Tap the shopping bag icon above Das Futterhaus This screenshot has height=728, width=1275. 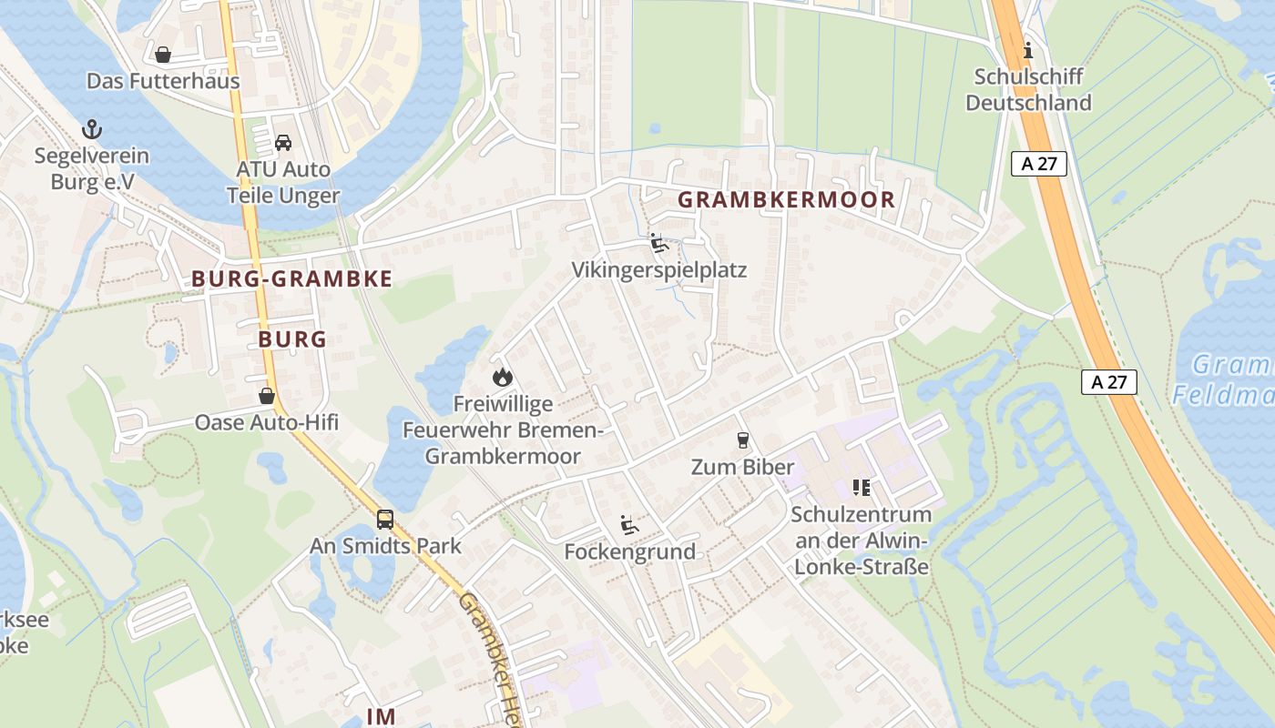[163, 55]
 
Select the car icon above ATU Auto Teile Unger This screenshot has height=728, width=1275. [283, 143]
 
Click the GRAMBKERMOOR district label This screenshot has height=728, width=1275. [787, 199]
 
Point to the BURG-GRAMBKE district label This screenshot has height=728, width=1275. [291, 279]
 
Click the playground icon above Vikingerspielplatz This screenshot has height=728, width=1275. [659, 243]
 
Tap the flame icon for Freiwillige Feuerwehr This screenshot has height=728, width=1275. [502, 376]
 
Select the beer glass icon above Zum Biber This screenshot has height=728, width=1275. [743, 440]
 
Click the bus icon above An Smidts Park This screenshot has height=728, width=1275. [385, 520]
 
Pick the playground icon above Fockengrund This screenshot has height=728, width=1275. [629, 524]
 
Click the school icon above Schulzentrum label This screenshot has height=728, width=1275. [861, 488]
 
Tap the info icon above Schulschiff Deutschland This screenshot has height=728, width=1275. [1028, 49]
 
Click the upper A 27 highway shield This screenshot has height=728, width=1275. [1038, 164]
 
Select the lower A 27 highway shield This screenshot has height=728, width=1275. [1109, 382]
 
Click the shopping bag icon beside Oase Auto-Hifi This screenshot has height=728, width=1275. [266, 396]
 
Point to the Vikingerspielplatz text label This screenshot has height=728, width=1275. [659, 270]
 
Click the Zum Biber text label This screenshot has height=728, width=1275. [742, 468]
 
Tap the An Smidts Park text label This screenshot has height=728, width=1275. [385, 546]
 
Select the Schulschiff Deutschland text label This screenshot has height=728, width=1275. [1028, 89]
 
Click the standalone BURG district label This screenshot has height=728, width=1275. [291, 339]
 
